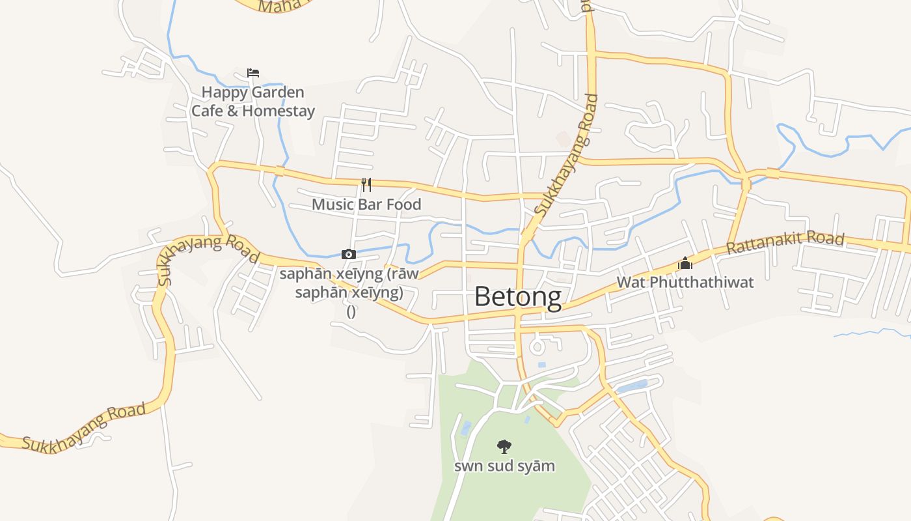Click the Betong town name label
pos(517,297)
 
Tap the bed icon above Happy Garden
pos(253,73)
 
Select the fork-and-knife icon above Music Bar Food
pos(366,185)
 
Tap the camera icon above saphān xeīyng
pos(349,254)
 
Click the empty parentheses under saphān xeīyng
pos(351,311)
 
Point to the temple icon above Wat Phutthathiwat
pos(685,264)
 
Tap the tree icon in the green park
pos(504,446)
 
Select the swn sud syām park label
pos(504,466)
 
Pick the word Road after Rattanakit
pos(826,238)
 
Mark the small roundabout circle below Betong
pos(537,345)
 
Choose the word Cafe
pos(206,111)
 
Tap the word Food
pos(404,204)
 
